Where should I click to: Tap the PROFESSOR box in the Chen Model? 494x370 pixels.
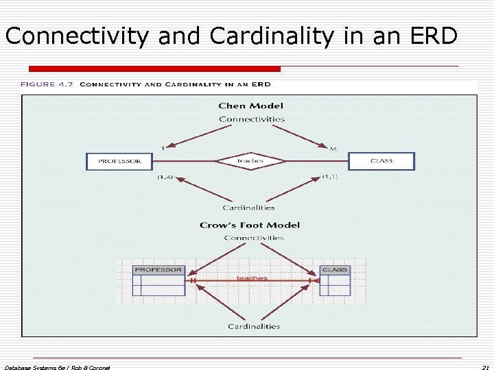point(119,161)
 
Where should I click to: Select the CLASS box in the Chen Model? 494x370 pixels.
point(381,161)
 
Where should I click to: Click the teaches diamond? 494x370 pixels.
point(250,161)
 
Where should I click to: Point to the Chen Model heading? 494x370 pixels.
point(250,106)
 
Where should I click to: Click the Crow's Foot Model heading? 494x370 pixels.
point(250,225)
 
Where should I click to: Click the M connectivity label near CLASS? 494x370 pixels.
point(333,148)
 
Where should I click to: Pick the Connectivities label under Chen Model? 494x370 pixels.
point(251,119)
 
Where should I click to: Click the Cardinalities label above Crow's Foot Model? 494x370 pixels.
point(248,208)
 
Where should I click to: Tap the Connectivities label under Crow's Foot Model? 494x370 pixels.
point(254,238)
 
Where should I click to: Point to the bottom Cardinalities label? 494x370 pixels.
point(254,326)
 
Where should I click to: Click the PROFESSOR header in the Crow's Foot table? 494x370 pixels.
point(158,270)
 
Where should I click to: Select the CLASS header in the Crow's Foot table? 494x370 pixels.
point(335,270)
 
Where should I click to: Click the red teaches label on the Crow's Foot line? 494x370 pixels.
point(252,278)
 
